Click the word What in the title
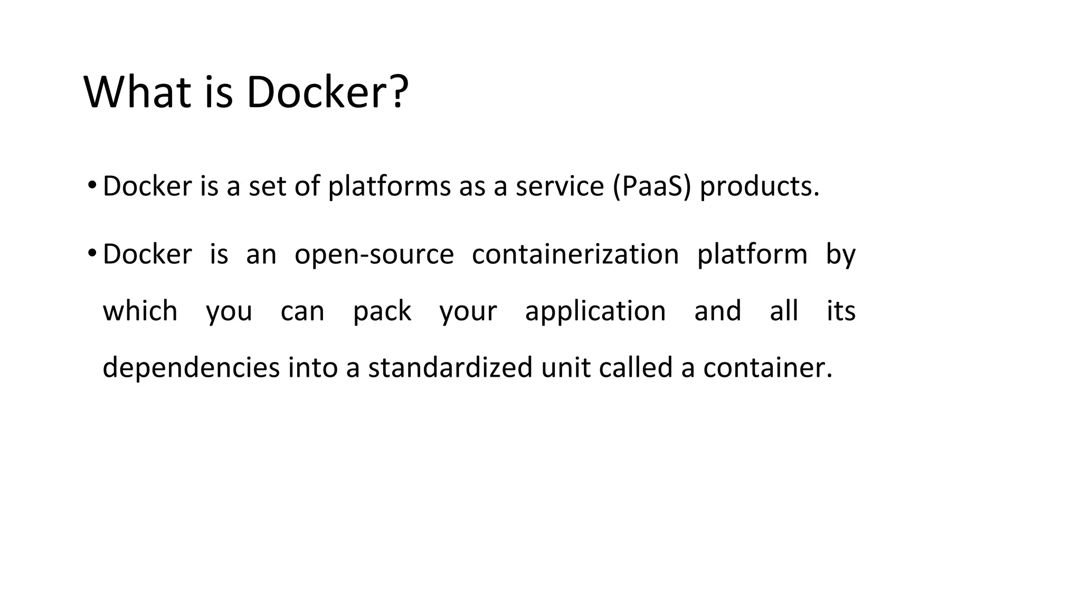pyautogui.click(x=137, y=92)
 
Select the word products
pyautogui.click(x=759, y=186)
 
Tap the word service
pyautogui.click(x=560, y=186)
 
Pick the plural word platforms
pyautogui.click(x=389, y=186)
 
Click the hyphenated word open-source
pyautogui.click(x=374, y=255)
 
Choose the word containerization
pyautogui.click(x=575, y=254)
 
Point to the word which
pyautogui.click(x=140, y=310)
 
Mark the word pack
pyautogui.click(x=382, y=311)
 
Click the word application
pyautogui.click(x=595, y=311)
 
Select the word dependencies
pyautogui.click(x=191, y=368)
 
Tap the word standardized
pyautogui.click(x=450, y=367)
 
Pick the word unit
pyautogui.click(x=565, y=367)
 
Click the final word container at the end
pyautogui.click(x=767, y=367)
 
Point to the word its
pyautogui.click(x=841, y=310)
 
